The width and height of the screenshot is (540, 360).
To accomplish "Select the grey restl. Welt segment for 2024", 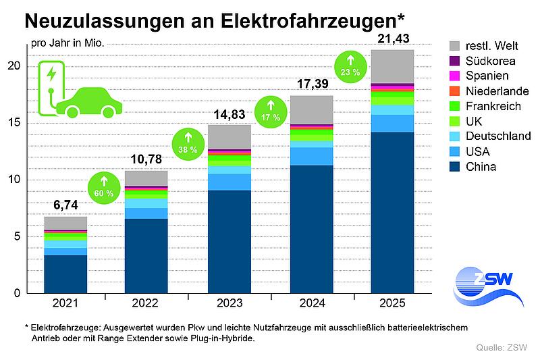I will tap(311, 109).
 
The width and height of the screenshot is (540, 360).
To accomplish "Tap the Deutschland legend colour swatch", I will tap(455, 136).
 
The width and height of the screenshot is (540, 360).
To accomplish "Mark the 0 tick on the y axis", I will tap(16, 293).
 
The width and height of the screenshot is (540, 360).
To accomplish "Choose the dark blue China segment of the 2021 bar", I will tap(65, 274).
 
